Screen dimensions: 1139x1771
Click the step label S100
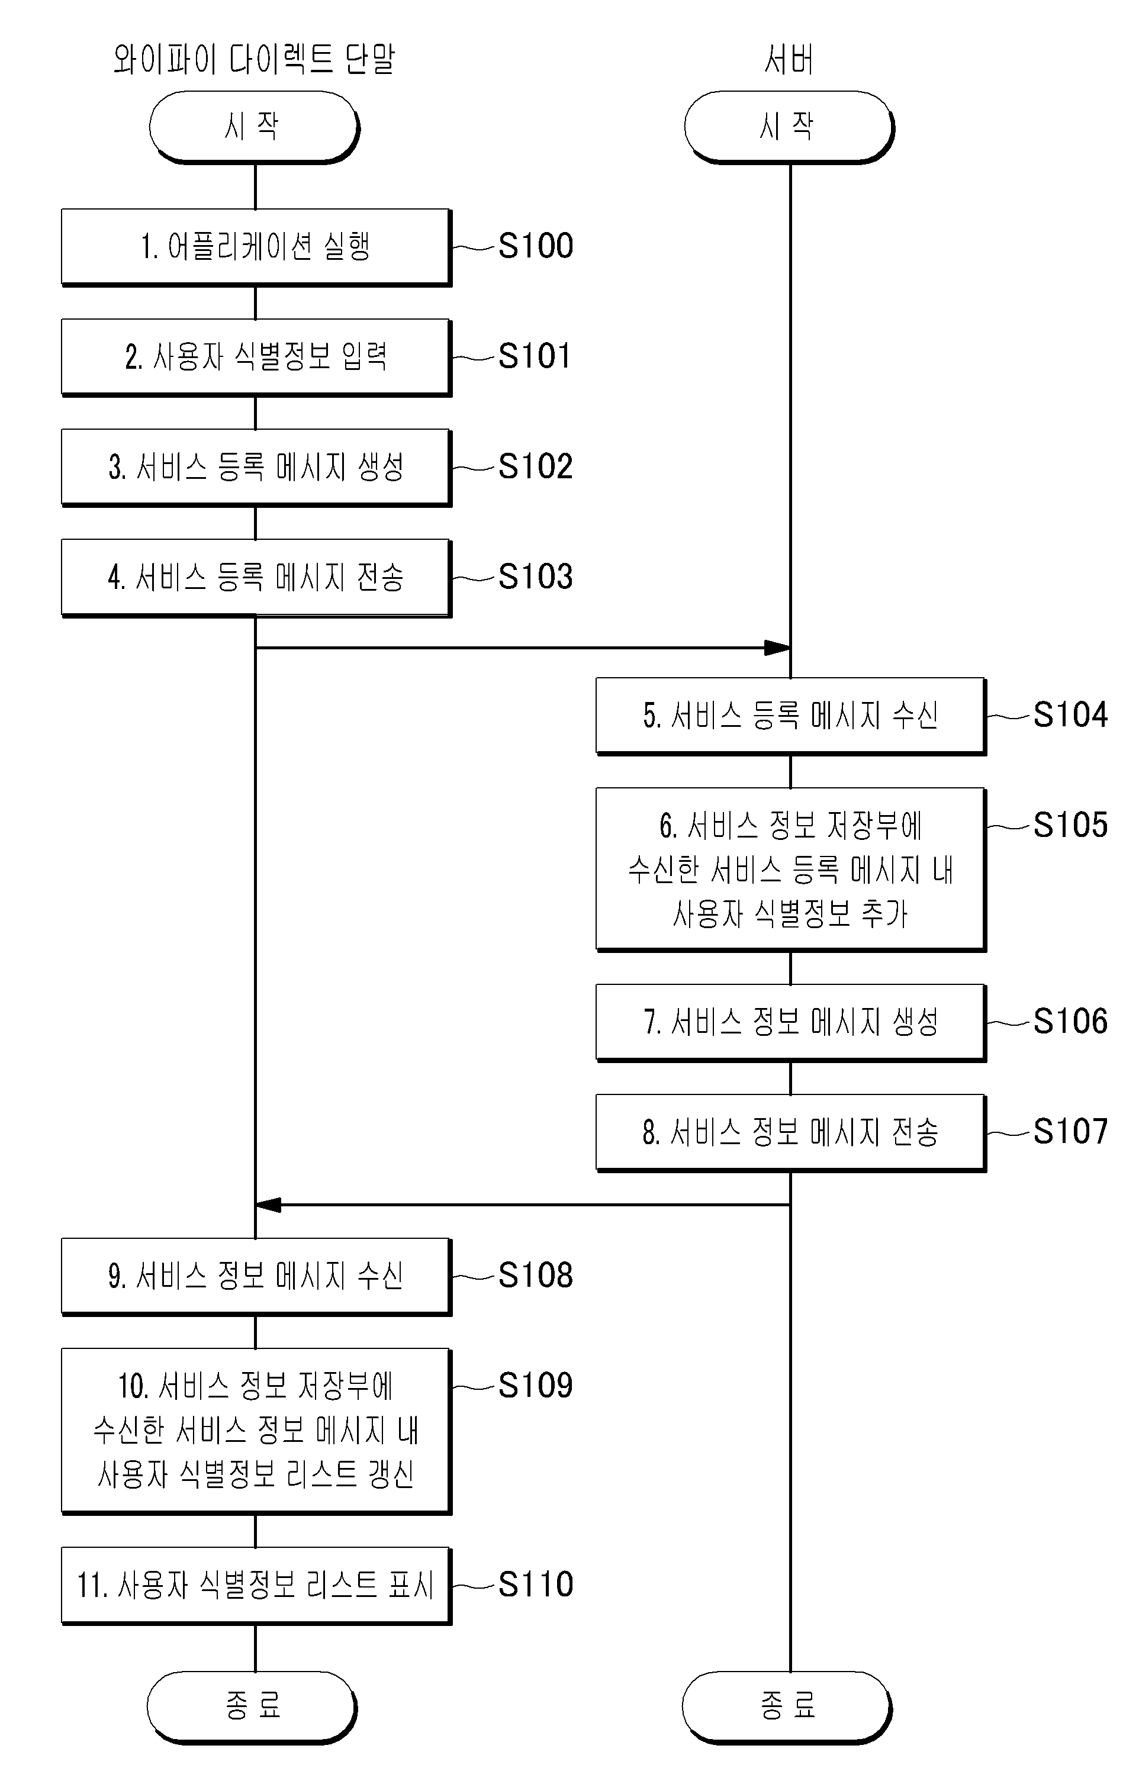pyautogui.click(x=536, y=246)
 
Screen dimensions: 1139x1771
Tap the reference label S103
pyautogui.click(x=536, y=576)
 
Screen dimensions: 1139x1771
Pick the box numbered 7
pyautogui.click(x=791, y=1023)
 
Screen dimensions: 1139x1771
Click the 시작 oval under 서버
pyautogui.click(x=789, y=127)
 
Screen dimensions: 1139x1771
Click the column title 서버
pyautogui.click(x=789, y=59)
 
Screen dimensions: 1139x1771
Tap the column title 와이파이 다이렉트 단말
pyautogui.click(x=255, y=59)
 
